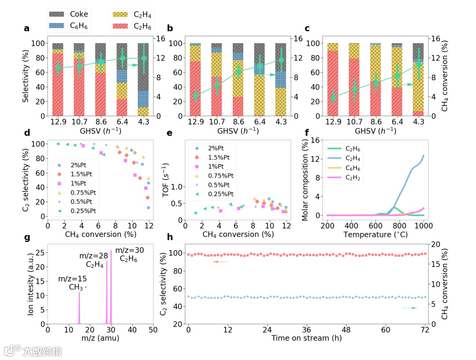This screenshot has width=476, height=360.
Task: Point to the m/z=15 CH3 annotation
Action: point(72,283)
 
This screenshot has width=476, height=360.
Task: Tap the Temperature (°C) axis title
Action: point(375,234)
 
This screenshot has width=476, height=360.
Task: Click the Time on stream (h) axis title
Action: point(307,338)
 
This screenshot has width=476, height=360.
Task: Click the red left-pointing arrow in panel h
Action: point(221,262)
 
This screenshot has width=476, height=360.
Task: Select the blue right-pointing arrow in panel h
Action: point(409,308)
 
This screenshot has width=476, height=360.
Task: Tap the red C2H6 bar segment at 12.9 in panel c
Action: point(333,84)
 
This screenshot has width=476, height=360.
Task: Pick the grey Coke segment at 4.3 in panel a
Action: point(143,66)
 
